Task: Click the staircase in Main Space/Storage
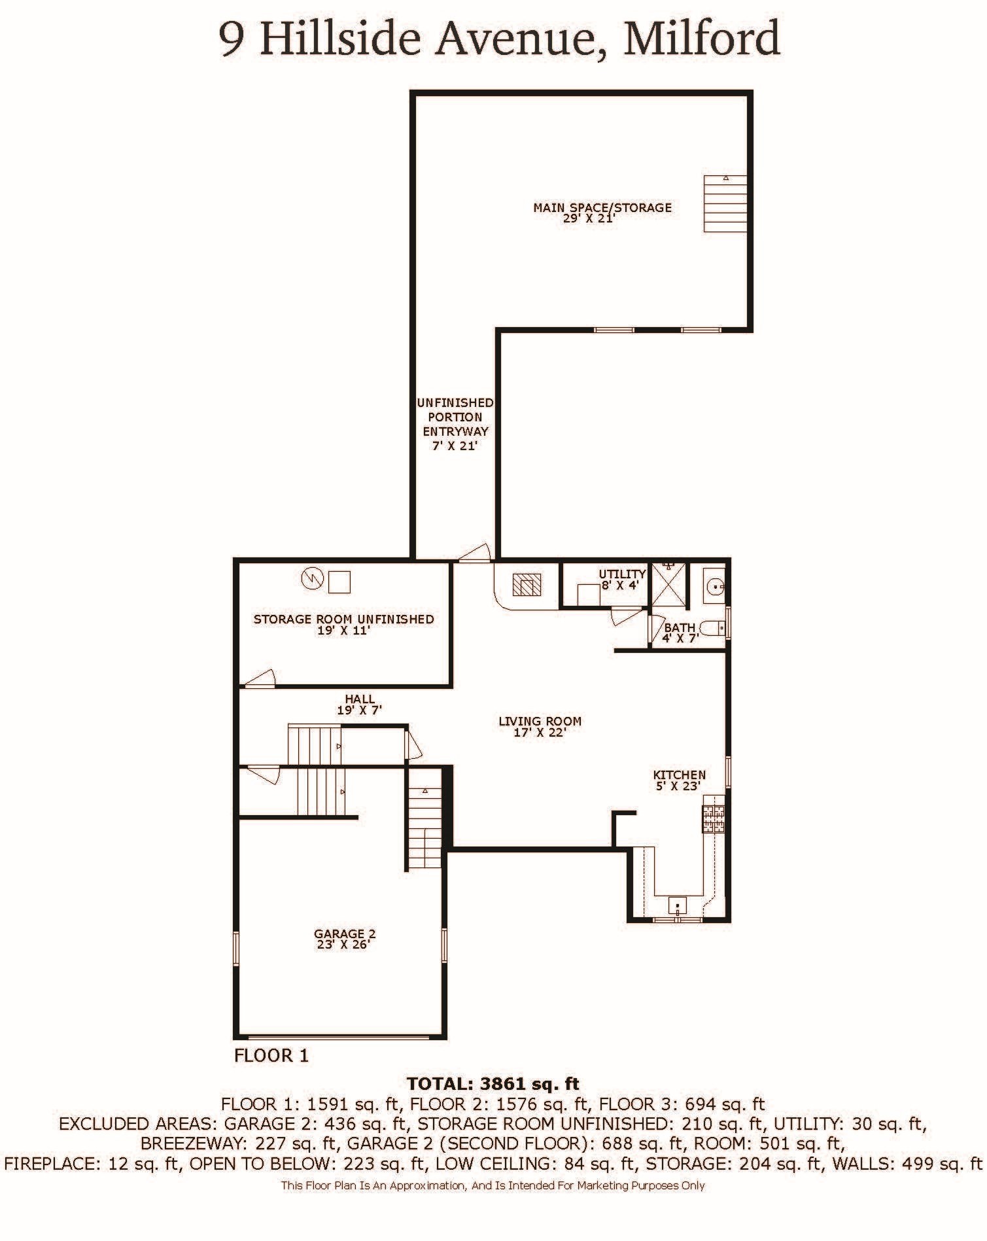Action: pos(725,203)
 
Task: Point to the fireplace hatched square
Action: pos(527,584)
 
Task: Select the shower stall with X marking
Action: pos(668,586)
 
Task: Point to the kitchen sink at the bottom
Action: pos(678,906)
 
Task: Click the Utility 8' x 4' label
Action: pos(622,580)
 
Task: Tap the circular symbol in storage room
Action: pos(312,578)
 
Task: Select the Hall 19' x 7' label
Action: pos(359,705)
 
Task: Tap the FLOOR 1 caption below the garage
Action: pos(271,1055)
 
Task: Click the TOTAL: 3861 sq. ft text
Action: pos(493,1083)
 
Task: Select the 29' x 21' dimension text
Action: pos(589,219)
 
